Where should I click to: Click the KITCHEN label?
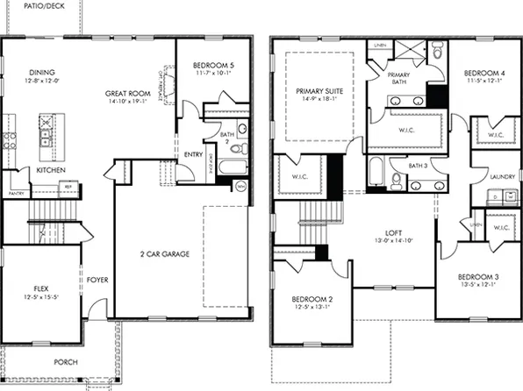[x=49, y=168]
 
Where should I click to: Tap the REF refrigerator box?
[x=67, y=186]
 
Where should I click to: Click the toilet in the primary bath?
[x=436, y=53]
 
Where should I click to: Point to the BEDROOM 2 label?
[x=311, y=299]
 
